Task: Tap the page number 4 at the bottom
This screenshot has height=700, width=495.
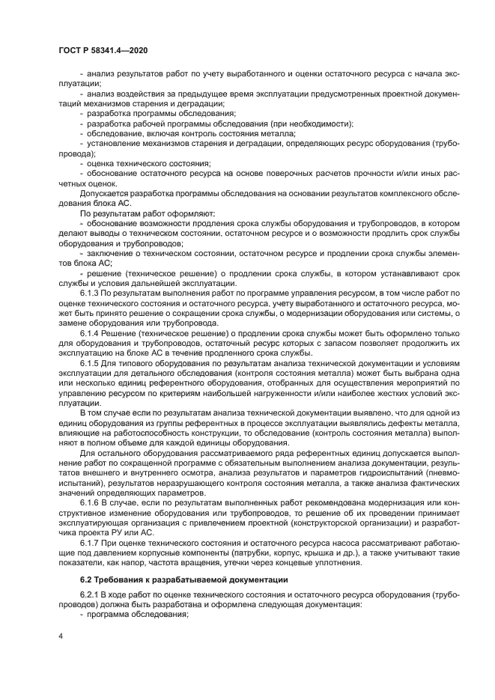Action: [x=60, y=635]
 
